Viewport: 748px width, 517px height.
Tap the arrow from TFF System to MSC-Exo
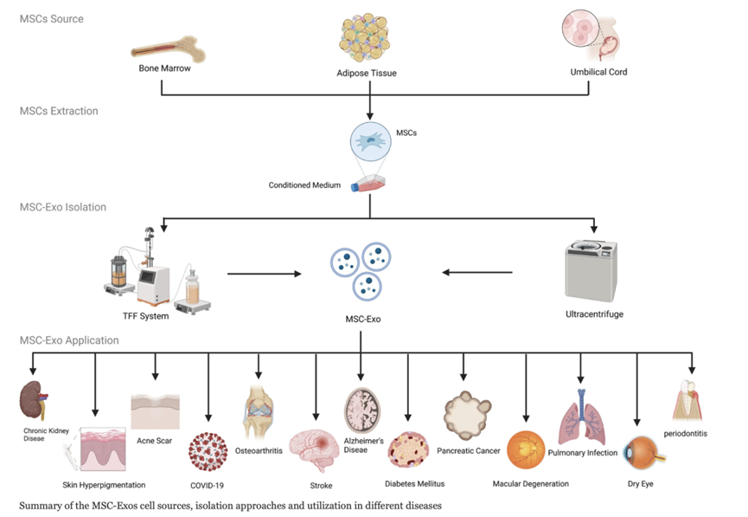tap(264, 274)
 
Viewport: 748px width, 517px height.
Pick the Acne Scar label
tap(156, 441)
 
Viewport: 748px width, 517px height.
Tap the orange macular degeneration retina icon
tap(525, 452)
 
